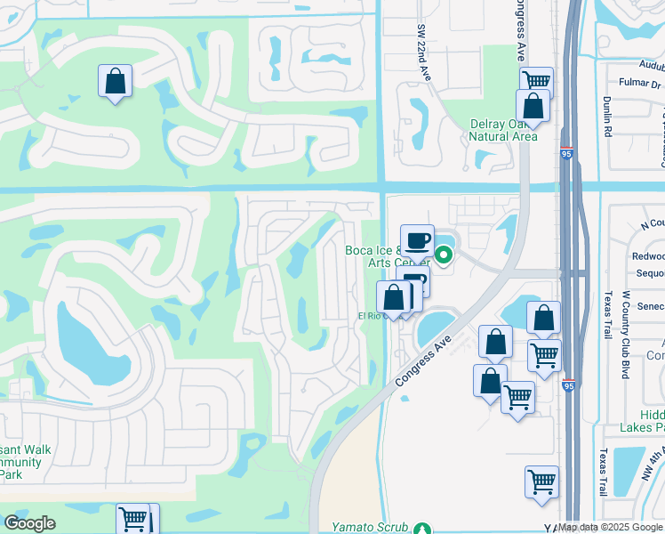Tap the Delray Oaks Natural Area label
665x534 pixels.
pos(503,130)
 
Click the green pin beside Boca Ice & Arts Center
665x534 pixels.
pos(443,256)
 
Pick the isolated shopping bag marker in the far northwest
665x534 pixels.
pos(116,82)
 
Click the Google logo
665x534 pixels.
pos(29,523)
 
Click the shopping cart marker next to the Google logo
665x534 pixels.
pos(134,519)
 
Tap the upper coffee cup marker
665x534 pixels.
pos(417,240)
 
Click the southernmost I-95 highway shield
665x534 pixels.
pos(567,385)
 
